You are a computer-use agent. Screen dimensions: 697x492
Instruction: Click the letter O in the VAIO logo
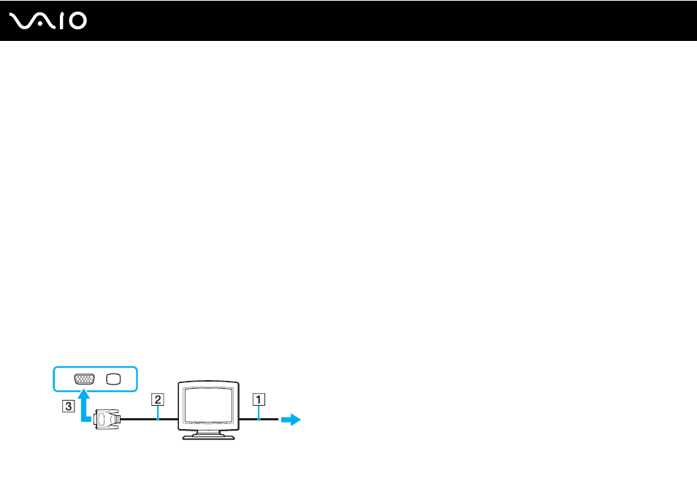pos(78,21)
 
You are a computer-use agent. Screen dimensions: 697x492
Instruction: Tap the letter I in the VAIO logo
pos(63,21)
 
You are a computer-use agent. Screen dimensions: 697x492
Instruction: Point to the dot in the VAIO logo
pos(39,24)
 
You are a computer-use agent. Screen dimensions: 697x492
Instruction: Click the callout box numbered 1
pos(259,399)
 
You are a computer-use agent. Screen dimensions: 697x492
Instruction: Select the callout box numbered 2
pos(157,399)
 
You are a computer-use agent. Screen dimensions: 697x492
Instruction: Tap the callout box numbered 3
pos(68,406)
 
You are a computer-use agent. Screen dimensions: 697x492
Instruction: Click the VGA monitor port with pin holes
pos(85,379)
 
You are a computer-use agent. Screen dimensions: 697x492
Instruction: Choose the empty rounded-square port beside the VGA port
pos(113,379)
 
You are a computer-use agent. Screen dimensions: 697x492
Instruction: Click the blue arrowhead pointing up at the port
pos(83,395)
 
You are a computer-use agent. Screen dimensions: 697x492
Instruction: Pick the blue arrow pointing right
pos(292,419)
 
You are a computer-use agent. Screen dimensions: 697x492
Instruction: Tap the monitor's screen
pos(208,405)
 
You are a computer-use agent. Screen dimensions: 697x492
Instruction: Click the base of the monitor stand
pos(208,437)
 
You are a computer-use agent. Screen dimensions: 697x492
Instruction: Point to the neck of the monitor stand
pos(208,432)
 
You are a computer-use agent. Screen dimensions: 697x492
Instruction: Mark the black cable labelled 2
pos(149,419)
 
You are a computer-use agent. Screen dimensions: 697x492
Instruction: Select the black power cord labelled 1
pos(259,419)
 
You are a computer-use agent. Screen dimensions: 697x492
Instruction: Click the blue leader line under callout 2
pos(158,412)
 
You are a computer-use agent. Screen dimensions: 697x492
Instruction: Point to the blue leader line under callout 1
pos(259,412)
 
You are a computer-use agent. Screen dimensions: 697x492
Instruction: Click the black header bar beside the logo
pos(391,20)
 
